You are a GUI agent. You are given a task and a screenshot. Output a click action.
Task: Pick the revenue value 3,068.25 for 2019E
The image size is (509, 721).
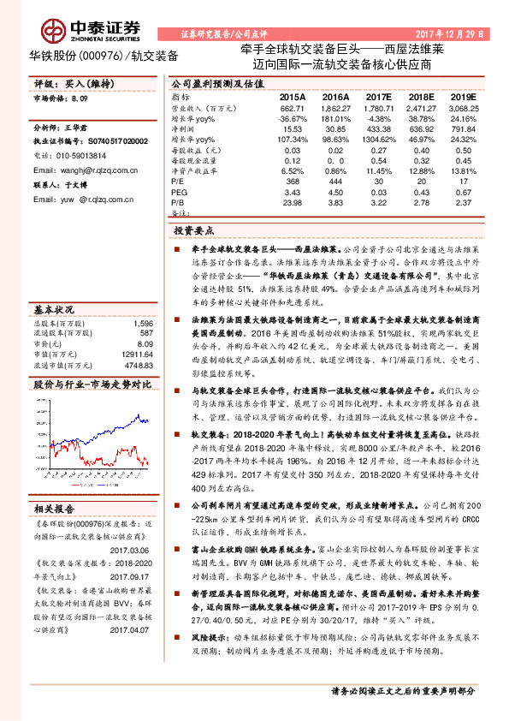pyautogui.click(x=463, y=109)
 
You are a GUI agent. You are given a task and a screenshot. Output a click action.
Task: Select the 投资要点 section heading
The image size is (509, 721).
pyautogui.click(x=194, y=231)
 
